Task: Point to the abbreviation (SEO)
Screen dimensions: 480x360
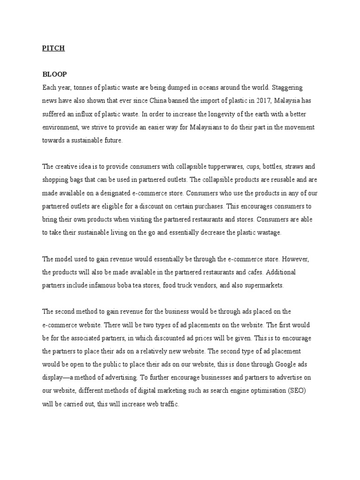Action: pyautogui.click(x=309, y=390)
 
